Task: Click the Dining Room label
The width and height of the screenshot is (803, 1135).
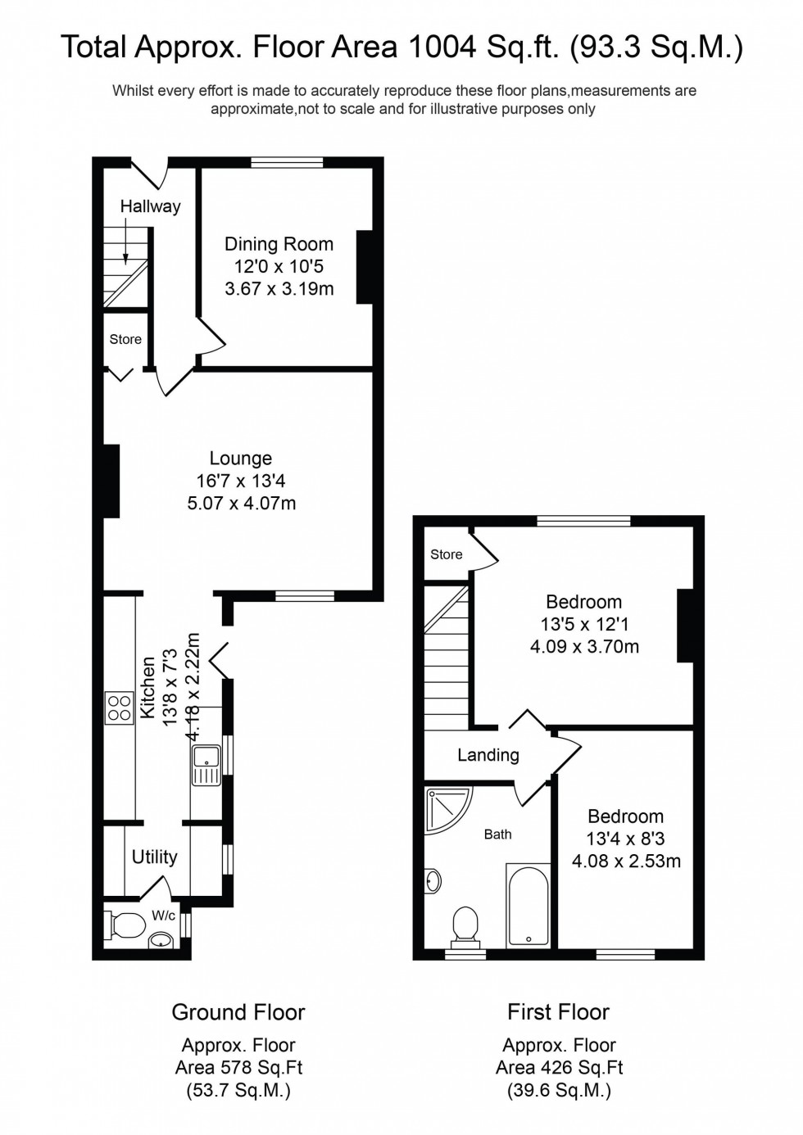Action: (279, 244)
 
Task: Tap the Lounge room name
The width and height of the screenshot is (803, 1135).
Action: (240, 459)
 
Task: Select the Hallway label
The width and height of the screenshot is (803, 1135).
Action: (150, 206)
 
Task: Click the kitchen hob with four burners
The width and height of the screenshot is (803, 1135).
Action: (119, 708)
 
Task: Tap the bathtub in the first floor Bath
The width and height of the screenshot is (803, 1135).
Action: (528, 905)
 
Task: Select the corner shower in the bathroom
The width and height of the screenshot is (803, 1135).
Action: (446, 808)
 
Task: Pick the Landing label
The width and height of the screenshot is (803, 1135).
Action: (488, 755)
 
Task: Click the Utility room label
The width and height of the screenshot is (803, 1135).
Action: (154, 857)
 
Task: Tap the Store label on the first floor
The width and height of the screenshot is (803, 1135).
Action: (446, 554)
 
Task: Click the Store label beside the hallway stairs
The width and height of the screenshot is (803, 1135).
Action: (125, 339)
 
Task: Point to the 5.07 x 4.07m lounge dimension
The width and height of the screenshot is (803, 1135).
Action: (241, 504)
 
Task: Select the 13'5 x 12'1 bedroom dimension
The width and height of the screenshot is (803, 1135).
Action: (584, 624)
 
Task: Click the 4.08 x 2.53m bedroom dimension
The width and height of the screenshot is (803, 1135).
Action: (626, 861)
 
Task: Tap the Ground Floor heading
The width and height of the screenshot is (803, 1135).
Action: (238, 1012)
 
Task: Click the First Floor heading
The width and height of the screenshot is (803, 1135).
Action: (558, 1012)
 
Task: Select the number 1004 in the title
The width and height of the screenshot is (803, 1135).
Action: (442, 47)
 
